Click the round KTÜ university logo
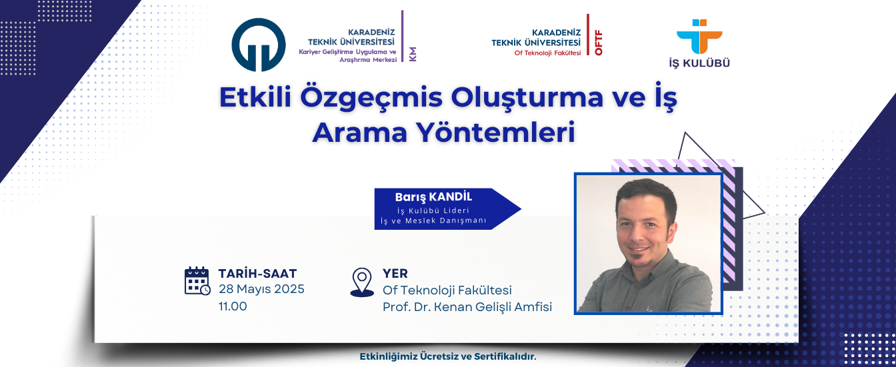pos(259,45)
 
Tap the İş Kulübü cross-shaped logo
pos(699,37)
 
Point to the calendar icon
pos(197,281)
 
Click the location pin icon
pos(362,282)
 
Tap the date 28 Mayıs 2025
pos(261,289)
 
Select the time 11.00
pos(233,306)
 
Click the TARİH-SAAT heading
pos(257,274)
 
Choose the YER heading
pos(395,274)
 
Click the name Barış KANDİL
pos(433,197)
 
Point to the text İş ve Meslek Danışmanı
pos(433,220)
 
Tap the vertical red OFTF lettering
pos(599,43)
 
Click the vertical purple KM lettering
pos(413,55)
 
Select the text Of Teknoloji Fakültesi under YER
pos(447,290)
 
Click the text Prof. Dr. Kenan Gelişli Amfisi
pos(467,307)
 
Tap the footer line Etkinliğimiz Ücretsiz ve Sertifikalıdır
pos(448,356)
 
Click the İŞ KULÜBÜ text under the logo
pos(699,63)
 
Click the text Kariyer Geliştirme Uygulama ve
pos(347,52)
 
